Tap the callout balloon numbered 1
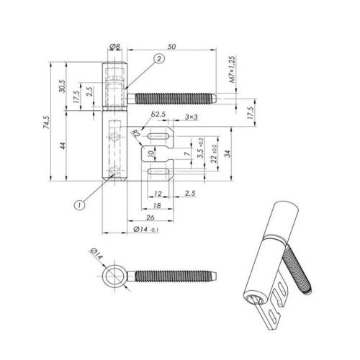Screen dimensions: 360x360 coord(80,204)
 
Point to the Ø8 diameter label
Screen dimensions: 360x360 coord(114,48)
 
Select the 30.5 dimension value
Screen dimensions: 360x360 coord(63,86)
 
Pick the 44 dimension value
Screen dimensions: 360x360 coord(63,146)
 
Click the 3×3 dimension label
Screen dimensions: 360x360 coord(192,117)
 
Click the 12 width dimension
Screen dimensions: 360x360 coord(157,194)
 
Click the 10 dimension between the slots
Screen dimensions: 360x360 coord(150,154)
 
